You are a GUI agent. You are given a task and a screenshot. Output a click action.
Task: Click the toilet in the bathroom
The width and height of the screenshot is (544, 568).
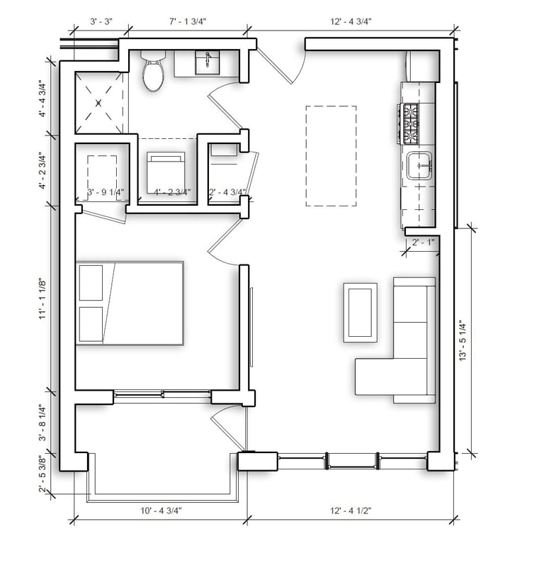click(x=153, y=71)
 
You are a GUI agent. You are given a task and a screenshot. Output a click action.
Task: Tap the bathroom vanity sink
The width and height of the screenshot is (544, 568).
click(x=207, y=62)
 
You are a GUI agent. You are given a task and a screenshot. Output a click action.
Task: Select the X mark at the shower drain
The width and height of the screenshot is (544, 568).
click(x=98, y=104)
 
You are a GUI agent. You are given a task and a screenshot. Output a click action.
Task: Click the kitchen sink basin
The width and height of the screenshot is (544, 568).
click(x=419, y=166)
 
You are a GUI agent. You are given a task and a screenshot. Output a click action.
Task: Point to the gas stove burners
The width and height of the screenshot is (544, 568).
click(x=409, y=123)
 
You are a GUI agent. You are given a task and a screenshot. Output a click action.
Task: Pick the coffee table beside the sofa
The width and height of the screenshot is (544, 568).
click(x=360, y=313)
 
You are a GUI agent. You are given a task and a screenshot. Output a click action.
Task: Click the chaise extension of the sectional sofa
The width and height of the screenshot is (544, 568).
click(x=375, y=377)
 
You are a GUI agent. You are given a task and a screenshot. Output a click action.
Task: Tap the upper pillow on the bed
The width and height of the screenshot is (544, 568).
click(x=91, y=283)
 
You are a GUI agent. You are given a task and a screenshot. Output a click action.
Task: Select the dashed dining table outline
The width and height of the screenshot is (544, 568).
click(x=331, y=156)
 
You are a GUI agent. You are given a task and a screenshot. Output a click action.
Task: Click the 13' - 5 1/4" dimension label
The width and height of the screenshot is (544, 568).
click(x=463, y=340)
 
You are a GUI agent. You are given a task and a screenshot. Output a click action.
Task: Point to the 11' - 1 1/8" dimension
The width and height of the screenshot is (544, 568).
click(x=42, y=299)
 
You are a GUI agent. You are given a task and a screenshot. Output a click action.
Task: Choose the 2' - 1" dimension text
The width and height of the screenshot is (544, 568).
click(x=423, y=242)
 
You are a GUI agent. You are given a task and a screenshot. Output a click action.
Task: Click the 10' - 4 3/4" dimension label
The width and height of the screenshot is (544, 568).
click(x=161, y=511)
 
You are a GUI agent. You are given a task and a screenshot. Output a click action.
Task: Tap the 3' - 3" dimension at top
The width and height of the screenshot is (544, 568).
click(x=101, y=21)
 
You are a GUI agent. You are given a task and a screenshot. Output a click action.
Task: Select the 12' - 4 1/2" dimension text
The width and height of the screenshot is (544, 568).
click(x=351, y=511)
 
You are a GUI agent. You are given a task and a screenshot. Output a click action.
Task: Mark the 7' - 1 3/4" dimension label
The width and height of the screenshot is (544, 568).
click(x=188, y=21)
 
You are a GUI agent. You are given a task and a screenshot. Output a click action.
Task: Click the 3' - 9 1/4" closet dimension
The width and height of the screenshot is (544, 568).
click(x=106, y=192)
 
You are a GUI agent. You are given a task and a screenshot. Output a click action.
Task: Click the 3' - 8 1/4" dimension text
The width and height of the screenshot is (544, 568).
click(x=42, y=423)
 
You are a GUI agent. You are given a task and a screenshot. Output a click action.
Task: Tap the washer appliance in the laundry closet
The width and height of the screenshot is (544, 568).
click(x=166, y=172)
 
